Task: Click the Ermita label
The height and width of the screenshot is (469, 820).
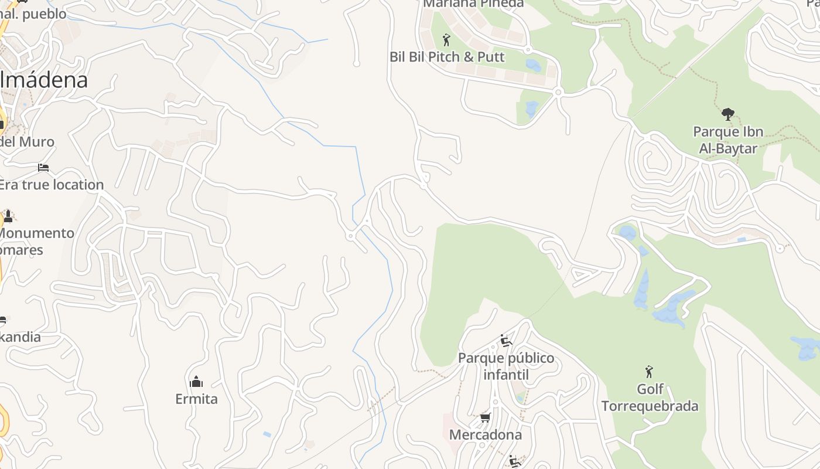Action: [x=196, y=399]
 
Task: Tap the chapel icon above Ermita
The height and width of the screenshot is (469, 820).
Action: [x=196, y=382]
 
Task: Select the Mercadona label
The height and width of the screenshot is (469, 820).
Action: [x=485, y=435]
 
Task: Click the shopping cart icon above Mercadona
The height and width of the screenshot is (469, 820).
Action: [x=485, y=418]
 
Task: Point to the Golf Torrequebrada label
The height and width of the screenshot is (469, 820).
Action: [x=650, y=398]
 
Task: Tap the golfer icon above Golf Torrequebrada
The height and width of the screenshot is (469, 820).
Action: [x=648, y=372]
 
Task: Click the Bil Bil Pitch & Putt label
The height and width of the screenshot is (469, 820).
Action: [x=446, y=57]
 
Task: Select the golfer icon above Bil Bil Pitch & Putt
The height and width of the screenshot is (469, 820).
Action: [x=446, y=40]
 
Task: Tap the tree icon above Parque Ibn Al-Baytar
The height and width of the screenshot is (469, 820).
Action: [x=728, y=114]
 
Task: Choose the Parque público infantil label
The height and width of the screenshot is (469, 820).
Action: [x=506, y=366]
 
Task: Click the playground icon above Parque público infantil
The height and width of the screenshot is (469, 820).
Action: [x=506, y=341]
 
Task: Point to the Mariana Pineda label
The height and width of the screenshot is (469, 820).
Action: [x=473, y=4]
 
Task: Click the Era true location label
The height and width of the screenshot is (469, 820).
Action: [x=51, y=185]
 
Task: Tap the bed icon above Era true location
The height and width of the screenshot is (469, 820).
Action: [x=43, y=168]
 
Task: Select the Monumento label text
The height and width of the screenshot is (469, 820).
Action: [x=36, y=233]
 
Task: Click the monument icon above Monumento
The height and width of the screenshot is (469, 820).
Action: [x=8, y=216]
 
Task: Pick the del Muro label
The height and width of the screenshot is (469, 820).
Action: [x=27, y=142]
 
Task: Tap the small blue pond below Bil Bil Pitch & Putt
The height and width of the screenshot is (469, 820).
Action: [x=532, y=108]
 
